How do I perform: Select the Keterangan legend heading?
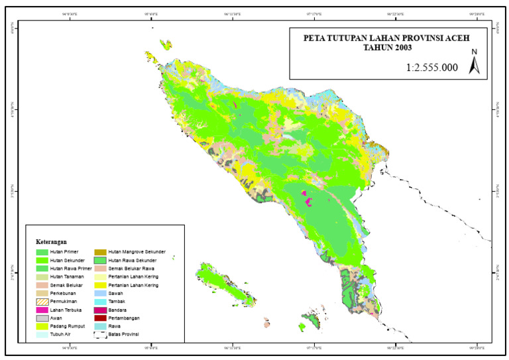click(52, 241)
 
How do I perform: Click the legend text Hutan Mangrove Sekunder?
click(141, 252)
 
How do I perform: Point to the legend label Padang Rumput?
click(67, 326)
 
